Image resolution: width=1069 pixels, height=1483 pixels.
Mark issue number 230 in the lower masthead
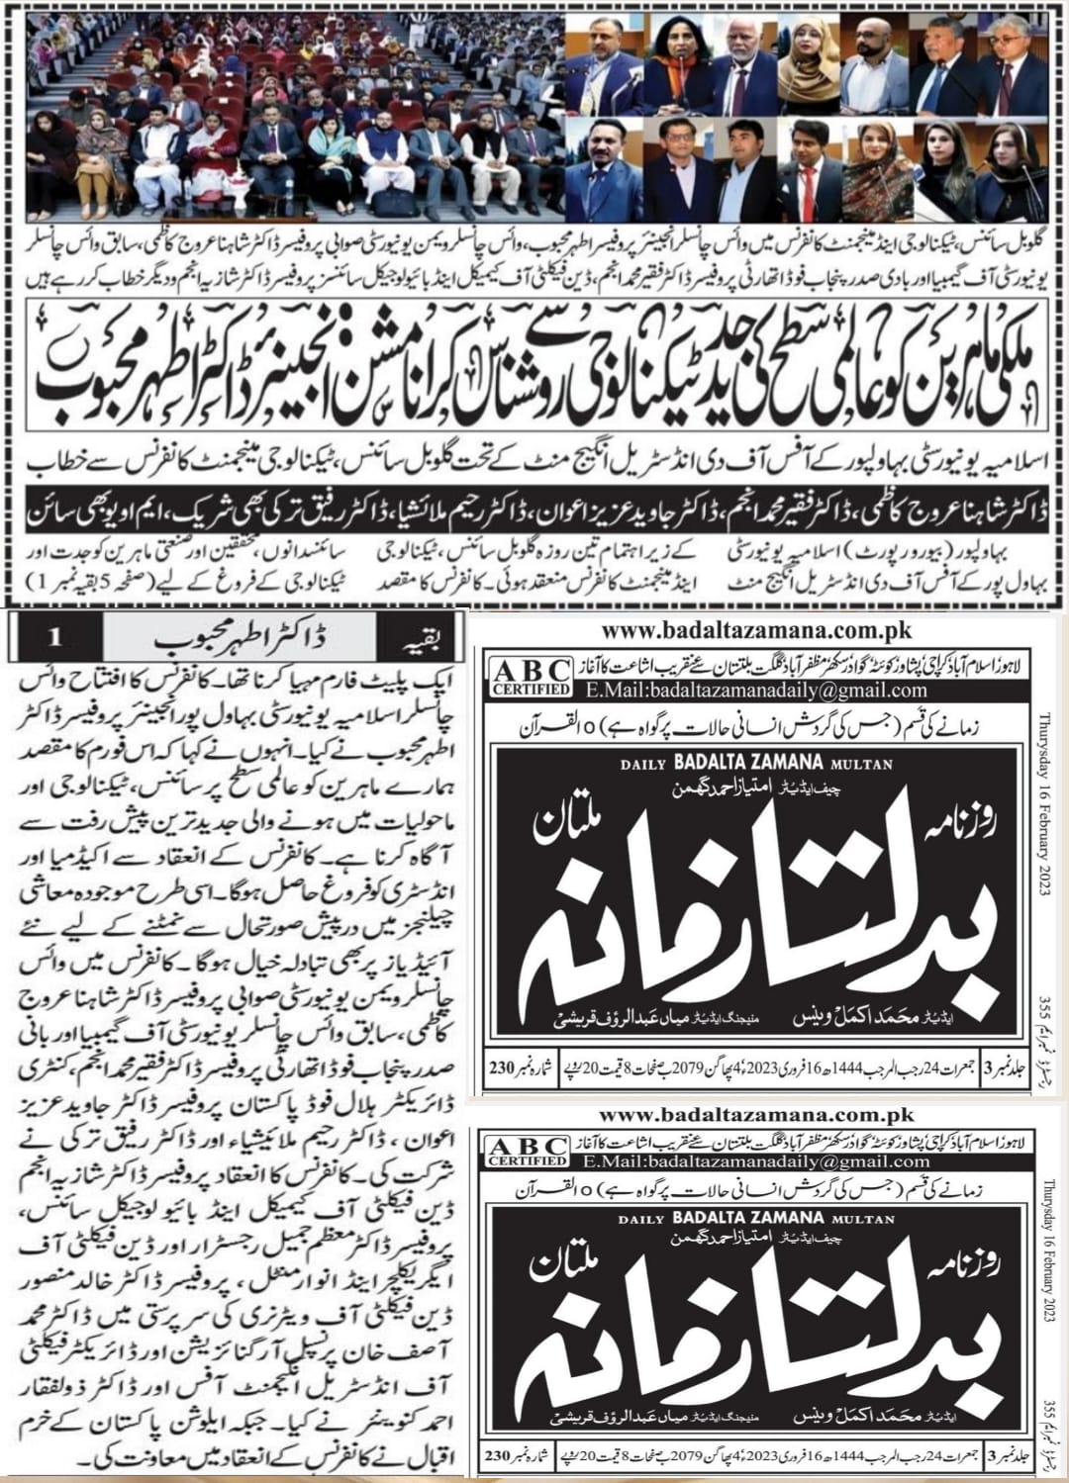tap(502, 1456)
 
